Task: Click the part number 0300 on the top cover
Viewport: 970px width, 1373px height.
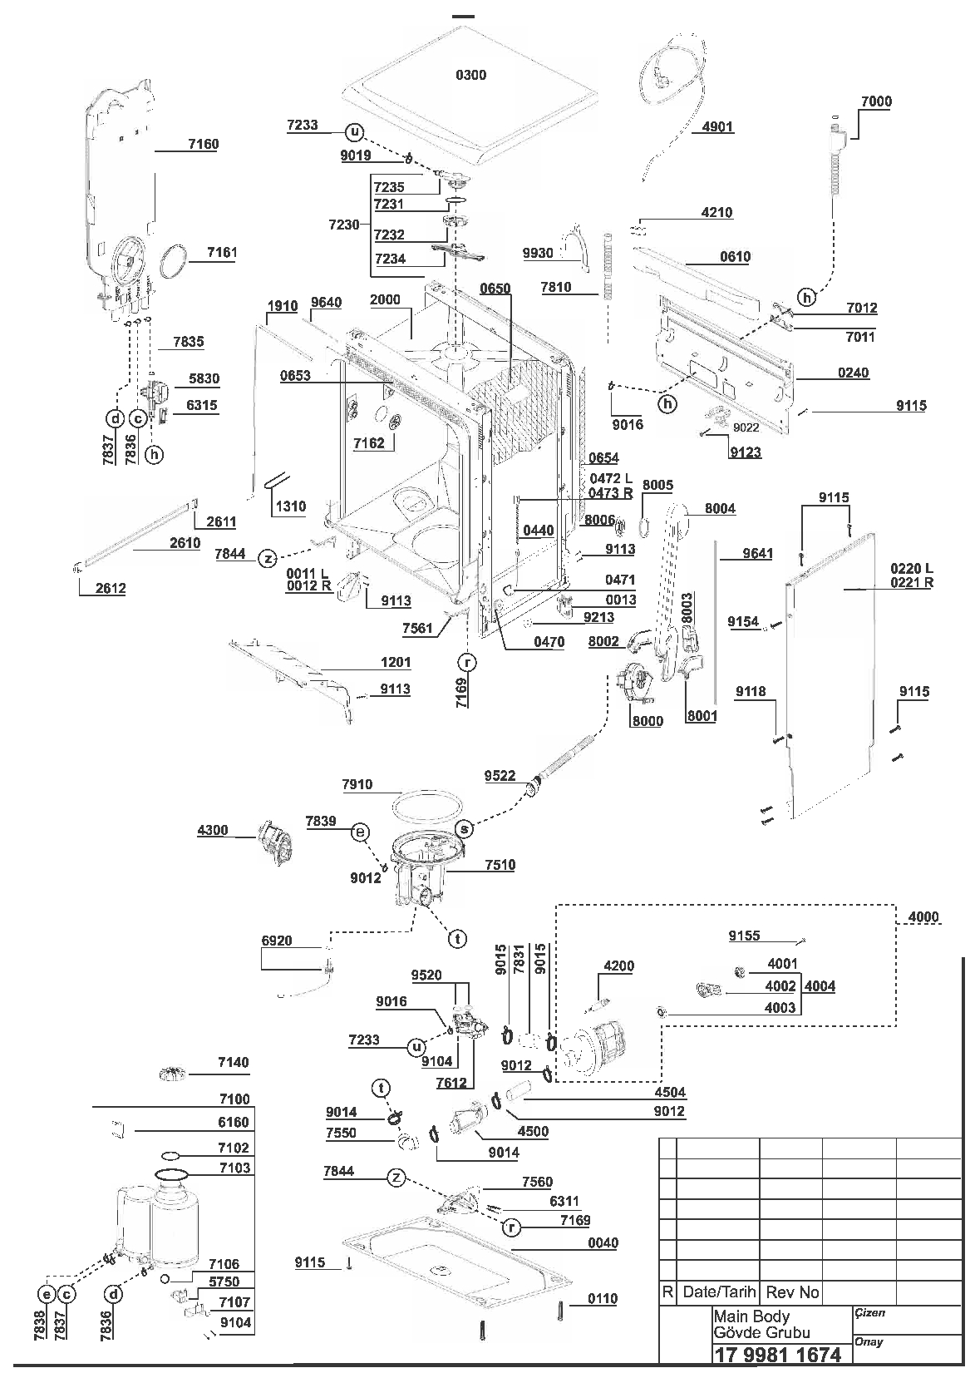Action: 470,76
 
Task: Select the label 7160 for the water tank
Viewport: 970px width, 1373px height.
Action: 204,144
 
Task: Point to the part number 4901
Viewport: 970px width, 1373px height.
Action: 717,127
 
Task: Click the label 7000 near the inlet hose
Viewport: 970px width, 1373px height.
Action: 876,101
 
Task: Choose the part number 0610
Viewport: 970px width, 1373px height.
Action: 735,257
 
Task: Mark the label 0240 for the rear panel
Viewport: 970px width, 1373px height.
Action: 853,373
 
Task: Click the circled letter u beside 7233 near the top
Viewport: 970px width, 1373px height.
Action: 355,132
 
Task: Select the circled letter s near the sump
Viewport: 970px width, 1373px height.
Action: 465,829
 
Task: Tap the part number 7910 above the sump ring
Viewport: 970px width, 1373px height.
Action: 357,784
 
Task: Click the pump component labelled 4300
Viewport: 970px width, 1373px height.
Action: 274,843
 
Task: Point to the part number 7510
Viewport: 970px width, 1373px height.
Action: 500,865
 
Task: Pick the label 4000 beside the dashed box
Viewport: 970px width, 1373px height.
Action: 923,917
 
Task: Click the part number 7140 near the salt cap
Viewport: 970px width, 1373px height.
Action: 234,1062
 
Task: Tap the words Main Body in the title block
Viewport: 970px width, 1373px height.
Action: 751,1316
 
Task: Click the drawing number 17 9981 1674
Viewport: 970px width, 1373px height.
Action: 778,1354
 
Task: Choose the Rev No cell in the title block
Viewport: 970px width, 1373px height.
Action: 792,1292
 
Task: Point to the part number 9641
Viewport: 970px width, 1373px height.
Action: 757,554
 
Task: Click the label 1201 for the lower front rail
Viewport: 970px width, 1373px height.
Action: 395,663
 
